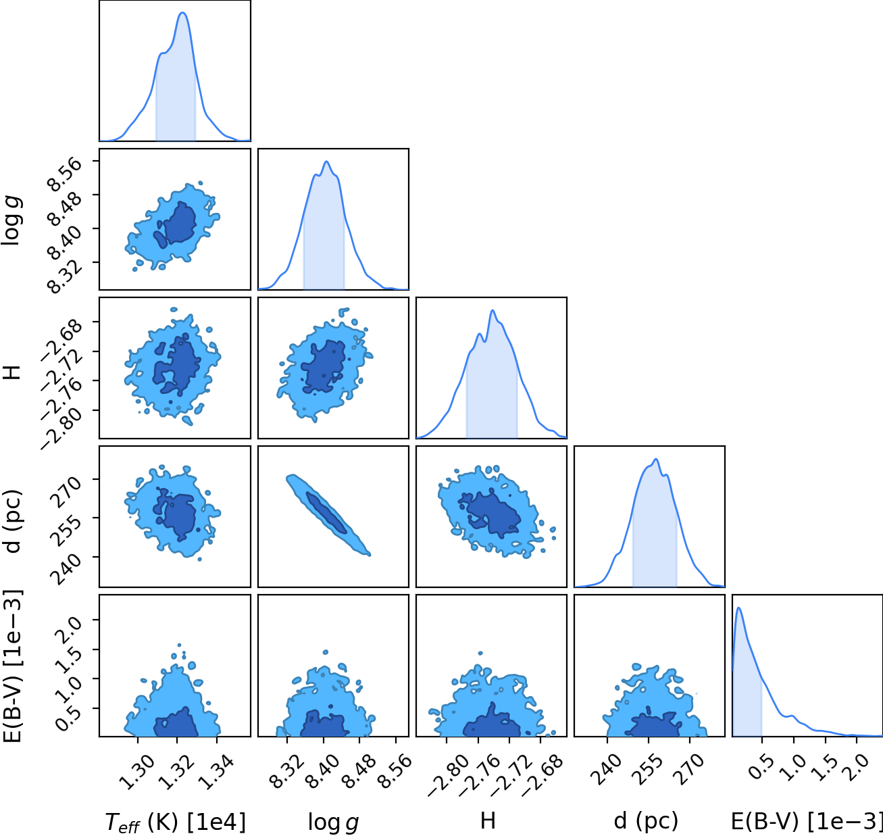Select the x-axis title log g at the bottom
[333, 822]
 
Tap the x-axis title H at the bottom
[488, 820]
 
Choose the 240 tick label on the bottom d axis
[607, 769]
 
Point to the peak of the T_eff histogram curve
[183, 13]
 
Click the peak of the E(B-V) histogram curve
[738, 608]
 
